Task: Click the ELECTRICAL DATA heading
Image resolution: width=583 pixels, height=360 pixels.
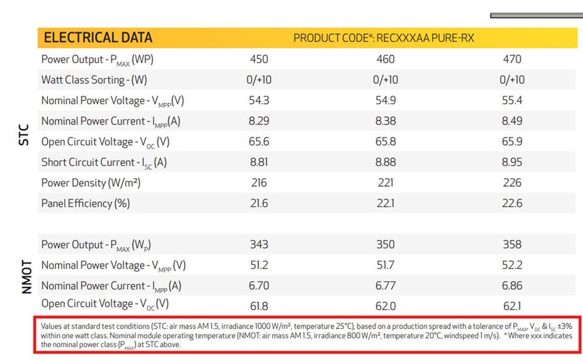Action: click(x=97, y=38)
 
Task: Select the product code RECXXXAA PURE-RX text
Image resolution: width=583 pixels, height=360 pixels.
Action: click(x=384, y=38)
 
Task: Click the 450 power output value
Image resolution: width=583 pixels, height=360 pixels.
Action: click(x=259, y=59)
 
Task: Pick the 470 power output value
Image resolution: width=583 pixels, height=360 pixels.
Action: click(x=512, y=59)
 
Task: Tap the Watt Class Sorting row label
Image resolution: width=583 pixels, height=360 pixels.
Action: click(x=94, y=80)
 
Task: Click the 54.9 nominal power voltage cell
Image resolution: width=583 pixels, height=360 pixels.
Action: click(x=386, y=100)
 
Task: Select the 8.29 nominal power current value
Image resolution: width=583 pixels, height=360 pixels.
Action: click(x=259, y=121)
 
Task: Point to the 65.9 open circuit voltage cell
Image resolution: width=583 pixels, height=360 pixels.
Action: click(x=512, y=142)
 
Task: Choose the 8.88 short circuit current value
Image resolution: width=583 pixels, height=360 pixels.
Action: click(x=386, y=163)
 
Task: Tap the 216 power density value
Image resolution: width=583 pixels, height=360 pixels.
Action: click(x=259, y=183)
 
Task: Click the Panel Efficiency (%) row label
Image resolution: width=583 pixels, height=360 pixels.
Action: click(x=85, y=203)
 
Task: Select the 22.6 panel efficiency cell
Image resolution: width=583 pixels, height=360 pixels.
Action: click(x=512, y=203)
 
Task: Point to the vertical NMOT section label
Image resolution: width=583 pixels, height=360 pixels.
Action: click(x=26, y=276)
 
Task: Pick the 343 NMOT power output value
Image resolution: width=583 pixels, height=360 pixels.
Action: click(x=259, y=245)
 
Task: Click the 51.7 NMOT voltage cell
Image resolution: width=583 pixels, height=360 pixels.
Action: click(x=386, y=266)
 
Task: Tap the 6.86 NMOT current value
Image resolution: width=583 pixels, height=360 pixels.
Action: click(x=512, y=286)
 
